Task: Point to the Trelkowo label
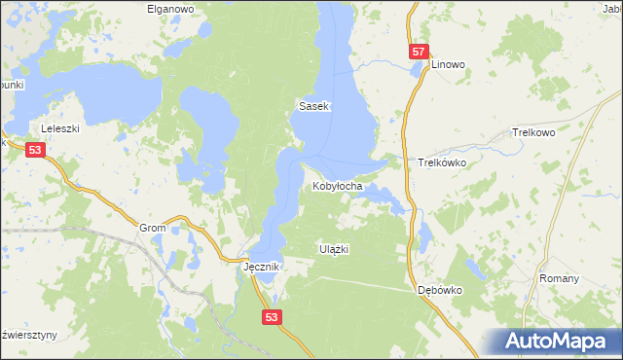[532, 132]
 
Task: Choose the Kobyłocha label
[338, 185]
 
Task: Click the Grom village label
[153, 228]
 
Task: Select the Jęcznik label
[262, 267]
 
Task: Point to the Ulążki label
[334, 249]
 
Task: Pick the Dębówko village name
[438, 290]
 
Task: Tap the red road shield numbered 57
[418, 52]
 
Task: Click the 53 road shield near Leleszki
[35, 150]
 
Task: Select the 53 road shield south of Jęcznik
[273, 316]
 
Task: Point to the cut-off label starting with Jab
[612, 9]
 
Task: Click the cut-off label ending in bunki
[11, 84]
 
